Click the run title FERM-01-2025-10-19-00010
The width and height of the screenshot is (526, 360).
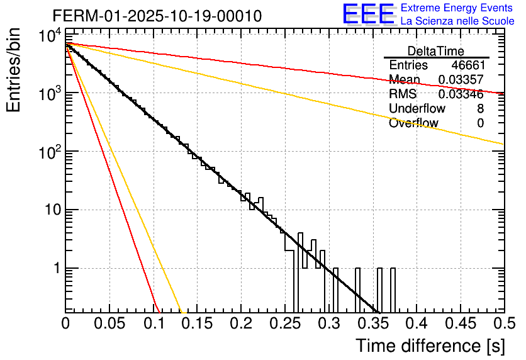pyautogui.click(x=157, y=16)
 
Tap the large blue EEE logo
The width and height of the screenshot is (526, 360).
pyautogui.click(x=368, y=14)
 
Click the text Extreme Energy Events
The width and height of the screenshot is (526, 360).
pyautogui.click(x=457, y=8)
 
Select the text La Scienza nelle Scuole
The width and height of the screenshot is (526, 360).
pyautogui.click(x=457, y=21)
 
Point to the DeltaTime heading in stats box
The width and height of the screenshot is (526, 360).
pyautogui.click(x=435, y=51)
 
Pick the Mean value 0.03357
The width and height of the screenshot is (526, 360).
pyautogui.click(x=461, y=80)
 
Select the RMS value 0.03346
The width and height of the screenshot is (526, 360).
pyautogui.click(x=461, y=94)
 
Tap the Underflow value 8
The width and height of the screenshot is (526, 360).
pyautogui.click(x=480, y=109)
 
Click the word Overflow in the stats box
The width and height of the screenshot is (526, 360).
pyautogui.click(x=413, y=123)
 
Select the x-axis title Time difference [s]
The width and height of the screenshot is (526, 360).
pyautogui.click(x=429, y=346)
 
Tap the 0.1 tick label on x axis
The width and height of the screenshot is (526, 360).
pyautogui.click(x=154, y=324)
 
